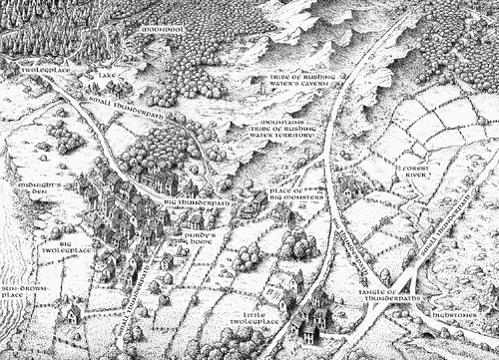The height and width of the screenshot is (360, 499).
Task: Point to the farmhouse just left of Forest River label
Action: click(349, 186)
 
